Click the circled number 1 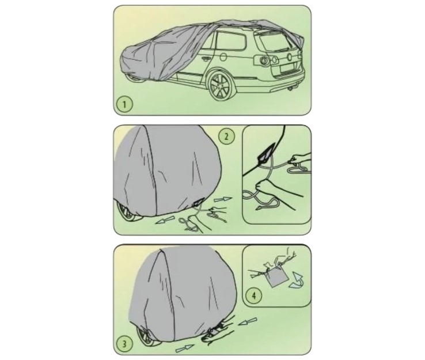tap(124, 104)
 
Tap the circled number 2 tap(226, 137)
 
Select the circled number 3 tap(125, 344)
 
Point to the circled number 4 tap(254, 295)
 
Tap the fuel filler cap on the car tap(223, 57)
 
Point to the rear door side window tap(231, 42)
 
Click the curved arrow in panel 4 tap(297, 280)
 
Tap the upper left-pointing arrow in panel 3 tap(248, 322)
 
